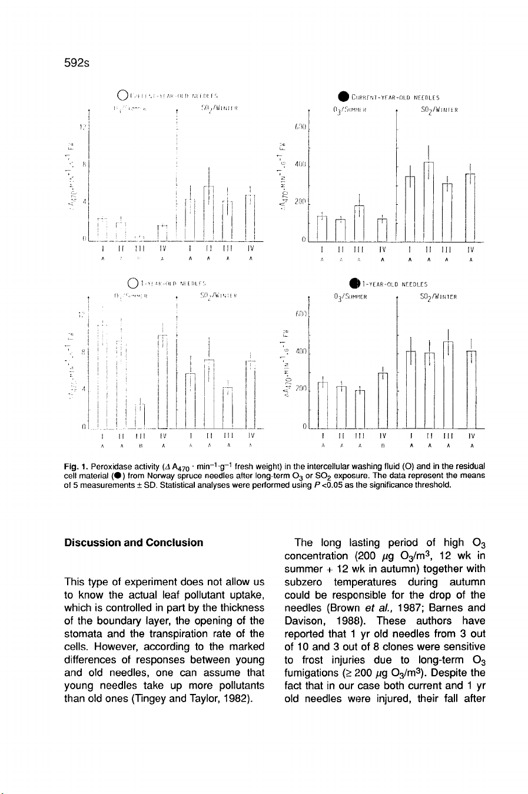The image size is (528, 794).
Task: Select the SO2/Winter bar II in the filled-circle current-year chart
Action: tap(429, 200)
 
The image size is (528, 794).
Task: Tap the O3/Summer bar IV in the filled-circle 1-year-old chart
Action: tap(383, 400)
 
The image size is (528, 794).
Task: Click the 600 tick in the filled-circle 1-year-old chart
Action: tap(301, 315)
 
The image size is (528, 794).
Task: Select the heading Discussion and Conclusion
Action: tap(134, 543)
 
